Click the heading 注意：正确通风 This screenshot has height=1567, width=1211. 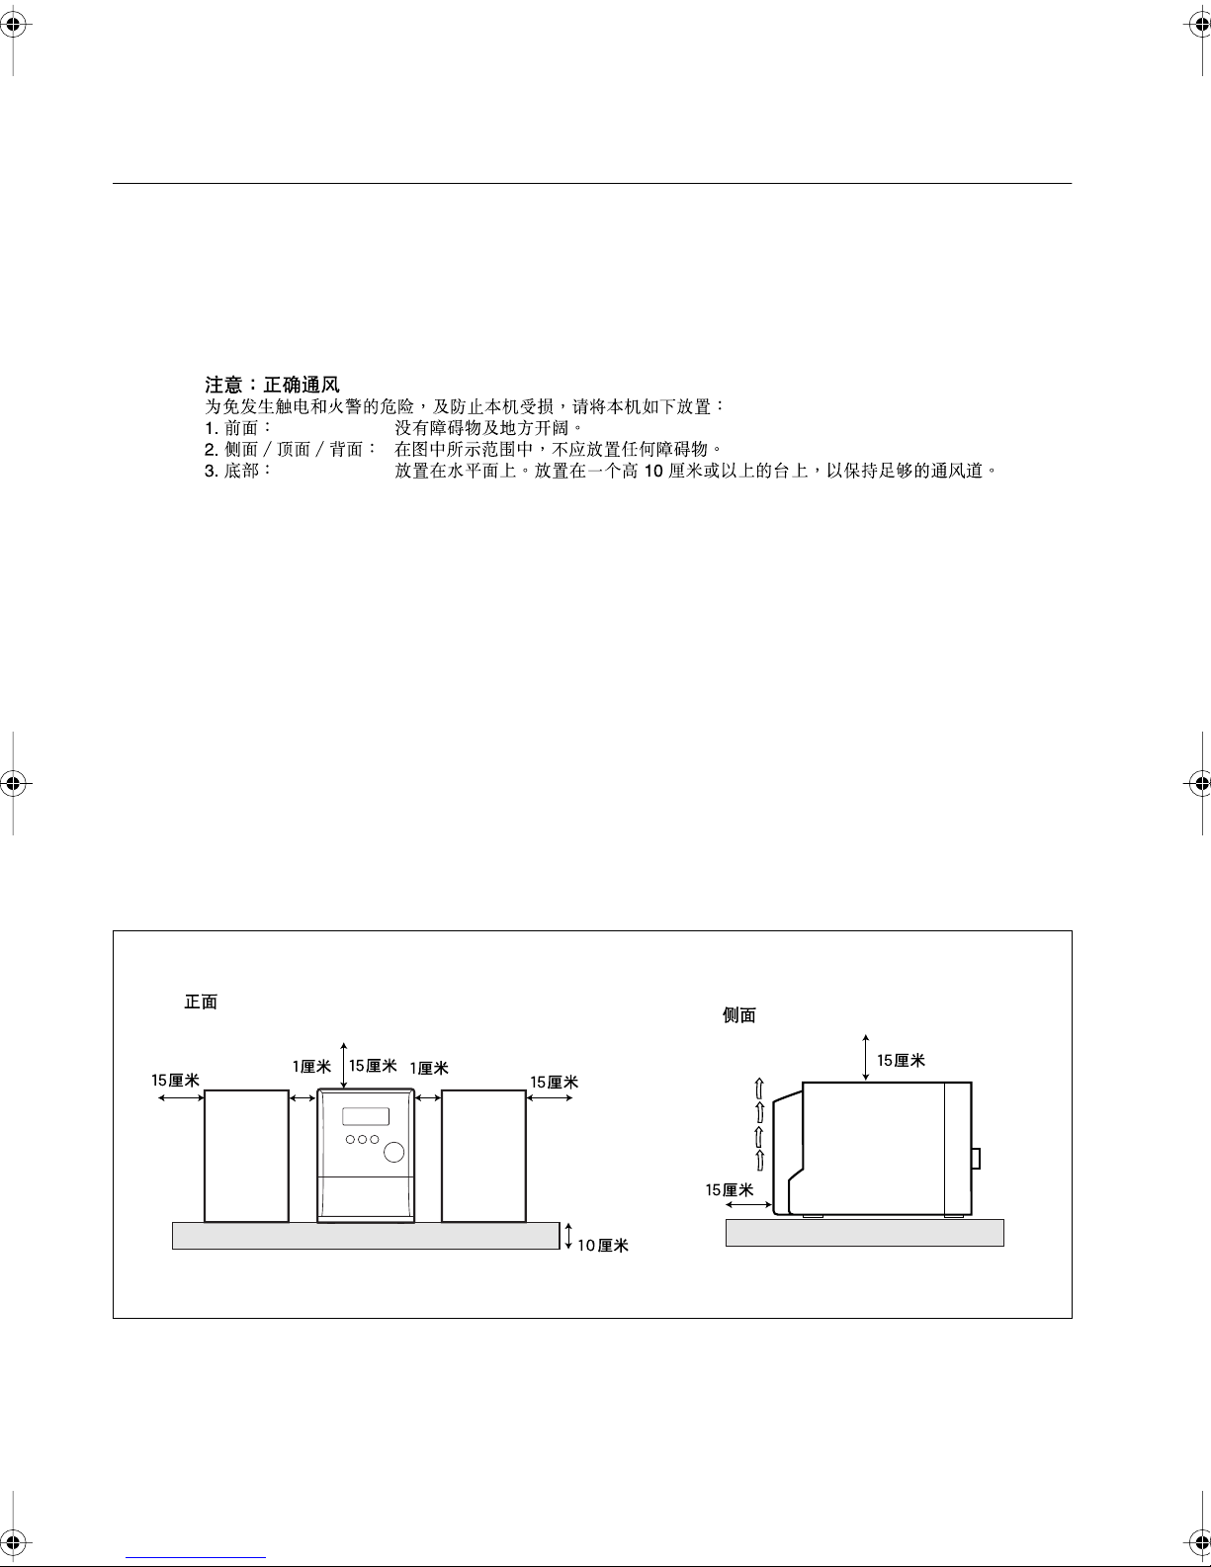(272, 385)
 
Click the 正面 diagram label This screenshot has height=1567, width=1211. (201, 1001)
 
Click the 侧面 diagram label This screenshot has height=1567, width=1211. (738, 1015)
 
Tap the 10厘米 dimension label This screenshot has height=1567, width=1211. (603, 1246)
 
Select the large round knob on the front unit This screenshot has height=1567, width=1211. (393, 1153)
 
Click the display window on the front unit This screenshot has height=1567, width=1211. (366, 1116)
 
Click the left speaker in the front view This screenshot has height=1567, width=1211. (246, 1156)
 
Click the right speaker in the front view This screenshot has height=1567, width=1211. (483, 1156)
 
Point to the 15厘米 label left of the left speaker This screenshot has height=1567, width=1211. (175, 1081)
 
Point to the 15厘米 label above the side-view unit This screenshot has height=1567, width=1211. (901, 1060)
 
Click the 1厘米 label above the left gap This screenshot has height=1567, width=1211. (311, 1067)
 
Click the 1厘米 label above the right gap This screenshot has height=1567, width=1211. (429, 1068)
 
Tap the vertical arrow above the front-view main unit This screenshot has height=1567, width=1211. (344, 1065)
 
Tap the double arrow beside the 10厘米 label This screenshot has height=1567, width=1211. (568, 1236)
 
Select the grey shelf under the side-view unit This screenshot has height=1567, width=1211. (864, 1233)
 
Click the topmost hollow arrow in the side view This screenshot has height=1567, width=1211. (759, 1088)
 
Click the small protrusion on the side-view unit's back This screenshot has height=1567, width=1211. (976, 1158)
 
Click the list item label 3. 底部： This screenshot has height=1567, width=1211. (238, 471)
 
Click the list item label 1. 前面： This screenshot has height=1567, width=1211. (238, 428)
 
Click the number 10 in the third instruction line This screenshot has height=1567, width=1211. (653, 472)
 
